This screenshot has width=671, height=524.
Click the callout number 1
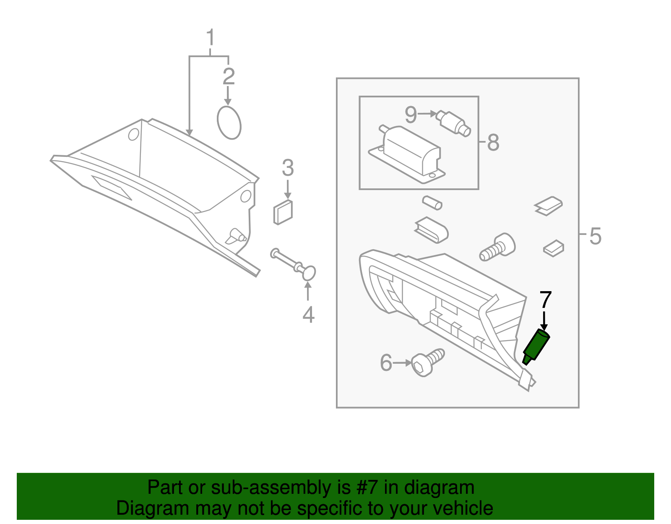(x=210, y=38)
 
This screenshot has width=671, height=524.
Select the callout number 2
(x=229, y=76)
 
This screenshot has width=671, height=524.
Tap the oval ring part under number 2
(x=229, y=122)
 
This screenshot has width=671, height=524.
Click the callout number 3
(x=288, y=168)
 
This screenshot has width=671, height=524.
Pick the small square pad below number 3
(x=283, y=212)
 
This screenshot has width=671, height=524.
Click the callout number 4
(x=308, y=315)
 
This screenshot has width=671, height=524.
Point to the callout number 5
(x=595, y=236)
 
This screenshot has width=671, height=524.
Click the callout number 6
(x=386, y=363)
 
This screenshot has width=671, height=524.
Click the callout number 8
(x=493, y=143)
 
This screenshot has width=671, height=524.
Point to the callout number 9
(x=411, y=114)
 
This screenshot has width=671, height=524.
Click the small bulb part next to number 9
(x=453, y=123)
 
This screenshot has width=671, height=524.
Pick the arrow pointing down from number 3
(x=288, y=189)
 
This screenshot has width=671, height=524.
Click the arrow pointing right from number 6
(x=403, y=363)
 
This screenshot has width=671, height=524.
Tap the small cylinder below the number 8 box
(x=432, y=202)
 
